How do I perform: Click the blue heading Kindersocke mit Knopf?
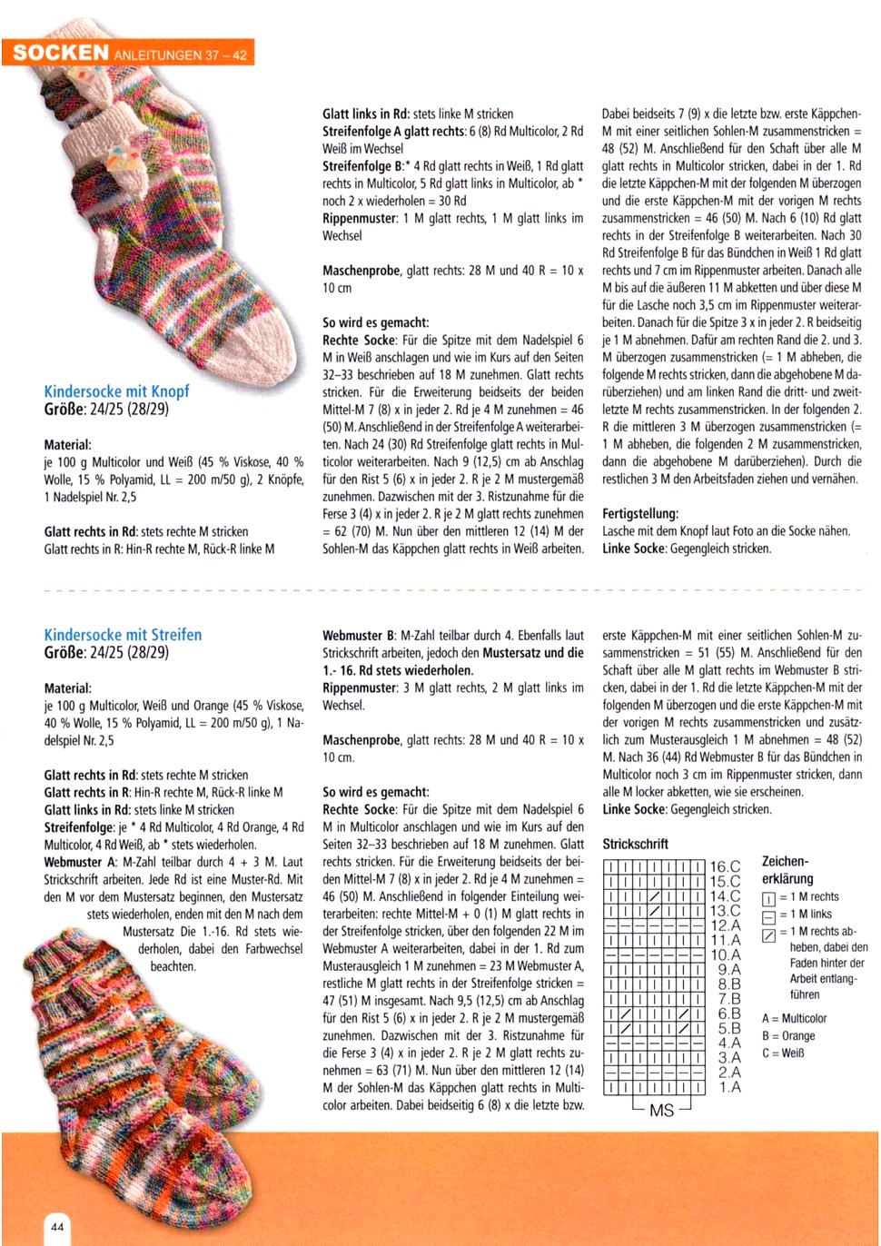pyautogui.click(x=116, y=391)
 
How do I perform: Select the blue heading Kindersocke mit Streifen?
pyautogui.click(x=123, y=635)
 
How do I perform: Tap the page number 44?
pyautogui.click(x=56, y=1227)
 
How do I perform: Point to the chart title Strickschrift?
pyautogui.click(x=635, y=844)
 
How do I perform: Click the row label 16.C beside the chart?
pyautogui.click(x=725, y=867)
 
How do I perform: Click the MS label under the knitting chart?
pyautogui.click(x=661, y=1110)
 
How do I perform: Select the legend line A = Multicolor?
pyautogui.click(x=794, y=1018)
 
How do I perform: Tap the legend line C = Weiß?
pyautogui.click(x=782, y=1053)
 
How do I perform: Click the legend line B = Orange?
pyautogui.click(x=787, y=1035)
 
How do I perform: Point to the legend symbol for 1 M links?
pyautogui.click(x=768, y=915)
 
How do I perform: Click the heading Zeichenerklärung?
pyautogui.click(x=787, y=870)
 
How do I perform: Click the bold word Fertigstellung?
pyautogui.click(x=639, y=514)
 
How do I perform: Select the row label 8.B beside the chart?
pyautogui.click(x=728, y=984)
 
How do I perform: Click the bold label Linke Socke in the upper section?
pyautogui.click(x=633, y=549)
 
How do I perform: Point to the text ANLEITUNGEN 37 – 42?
pyautogui.click(x=180, y=54)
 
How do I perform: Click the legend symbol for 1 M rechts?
pyautogui.click(x=768, y=897)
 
